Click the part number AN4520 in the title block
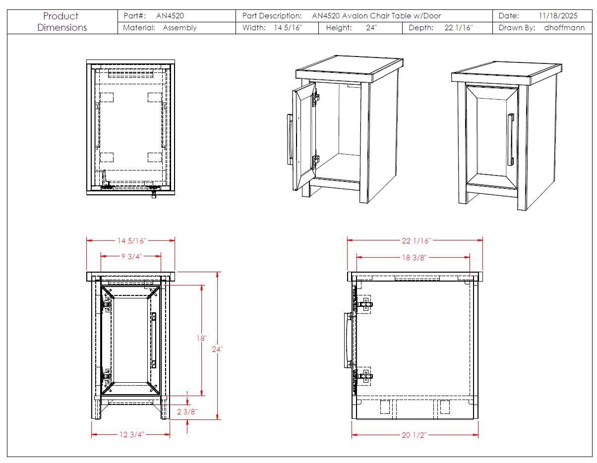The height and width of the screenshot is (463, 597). coord(170,16)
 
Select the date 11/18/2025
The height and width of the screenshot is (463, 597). coord(558,16)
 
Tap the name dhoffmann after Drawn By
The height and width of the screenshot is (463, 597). coord(564,28)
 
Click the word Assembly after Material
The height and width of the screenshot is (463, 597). coord(179,28)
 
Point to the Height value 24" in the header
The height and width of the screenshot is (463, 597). coord(371,28)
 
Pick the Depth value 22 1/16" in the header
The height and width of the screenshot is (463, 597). coord(458,28)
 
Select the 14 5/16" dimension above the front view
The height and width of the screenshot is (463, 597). coord(131,241)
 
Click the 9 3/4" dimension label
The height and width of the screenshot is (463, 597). coord(131,256)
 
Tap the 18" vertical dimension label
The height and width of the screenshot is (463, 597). coord(201,339)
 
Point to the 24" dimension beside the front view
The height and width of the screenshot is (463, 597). coord(217,349)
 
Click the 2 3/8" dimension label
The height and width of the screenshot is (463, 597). coord(187,411)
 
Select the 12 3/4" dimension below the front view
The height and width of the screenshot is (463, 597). coord(131,435)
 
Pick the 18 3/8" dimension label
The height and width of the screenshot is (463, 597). coord(414,257)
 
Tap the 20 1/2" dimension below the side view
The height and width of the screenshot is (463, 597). coord(414,435)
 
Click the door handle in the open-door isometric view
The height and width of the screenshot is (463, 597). coord(290,139)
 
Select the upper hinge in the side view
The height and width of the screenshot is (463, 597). coord(364,304)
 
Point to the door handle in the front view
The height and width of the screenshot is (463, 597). coord(154,340)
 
